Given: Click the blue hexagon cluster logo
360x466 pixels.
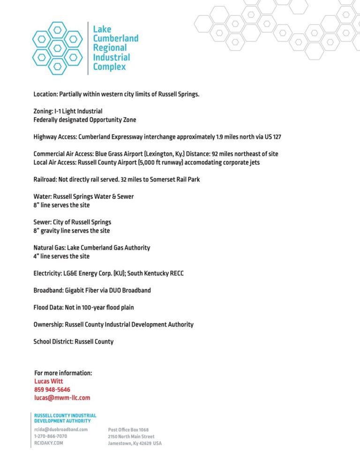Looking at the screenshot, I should pos(57,48).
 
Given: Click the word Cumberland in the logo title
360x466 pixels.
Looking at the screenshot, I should pos(115,38).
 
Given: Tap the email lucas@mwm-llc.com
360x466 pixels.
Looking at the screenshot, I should pos(62,398).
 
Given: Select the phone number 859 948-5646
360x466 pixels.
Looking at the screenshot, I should pos(52,390).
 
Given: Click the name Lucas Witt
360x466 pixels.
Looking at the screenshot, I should pos(48,381).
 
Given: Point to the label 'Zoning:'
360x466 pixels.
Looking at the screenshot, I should pos(43,111).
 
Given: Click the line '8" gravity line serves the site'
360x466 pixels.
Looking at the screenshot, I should pos(71,231).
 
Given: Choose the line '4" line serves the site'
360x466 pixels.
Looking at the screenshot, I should pos(61,256).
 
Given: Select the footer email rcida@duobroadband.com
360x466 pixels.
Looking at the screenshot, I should pos(61,429).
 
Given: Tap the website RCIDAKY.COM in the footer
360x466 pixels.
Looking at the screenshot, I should pos(48,443).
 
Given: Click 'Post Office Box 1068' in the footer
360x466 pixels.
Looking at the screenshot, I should pos(128,429).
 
